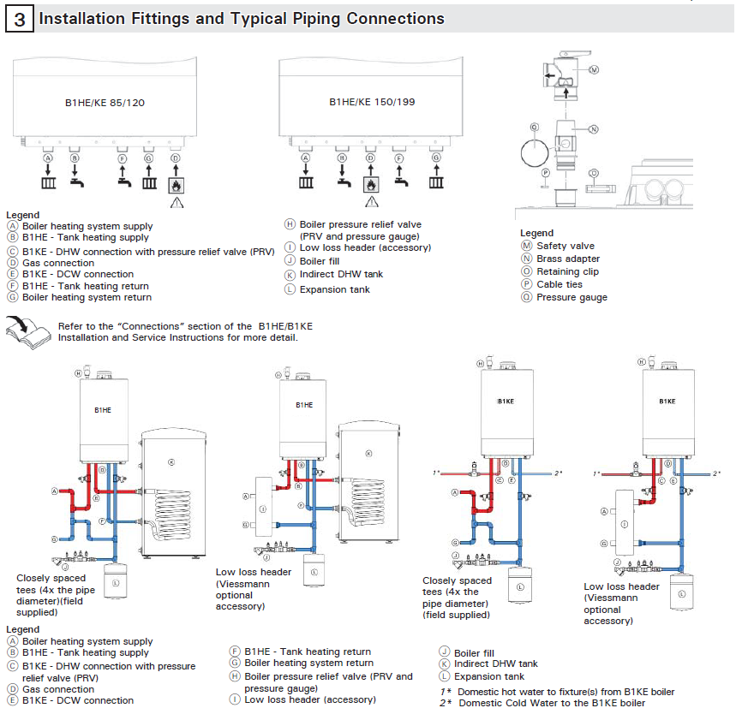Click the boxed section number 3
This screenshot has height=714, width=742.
tap(19, 19)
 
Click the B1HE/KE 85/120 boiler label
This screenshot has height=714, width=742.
tap(105, 103)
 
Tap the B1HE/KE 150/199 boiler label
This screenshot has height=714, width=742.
tap(372, 102)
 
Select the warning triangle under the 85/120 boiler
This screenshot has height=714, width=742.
tap(177, 202)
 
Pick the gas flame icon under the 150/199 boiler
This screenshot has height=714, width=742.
tap(371, 183)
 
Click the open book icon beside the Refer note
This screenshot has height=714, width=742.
tap(26, 330)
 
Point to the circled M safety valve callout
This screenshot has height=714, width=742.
tap(594, 68)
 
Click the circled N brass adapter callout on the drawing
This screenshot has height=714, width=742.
tap(592, 130)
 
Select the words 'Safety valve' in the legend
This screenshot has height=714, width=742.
tap(565, 247)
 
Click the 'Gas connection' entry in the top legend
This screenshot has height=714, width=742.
tap(58, 263)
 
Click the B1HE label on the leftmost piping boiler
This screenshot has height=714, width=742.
tap(103, 410)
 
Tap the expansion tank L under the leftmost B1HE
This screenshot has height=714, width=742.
tap(112, 580)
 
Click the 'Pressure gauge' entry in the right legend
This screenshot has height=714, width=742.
tap(571, 297)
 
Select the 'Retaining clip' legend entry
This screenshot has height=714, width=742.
tap(567, 271)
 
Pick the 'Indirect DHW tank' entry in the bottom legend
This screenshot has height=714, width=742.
tap(496, 663)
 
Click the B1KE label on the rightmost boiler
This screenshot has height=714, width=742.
tap(667, 401)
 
